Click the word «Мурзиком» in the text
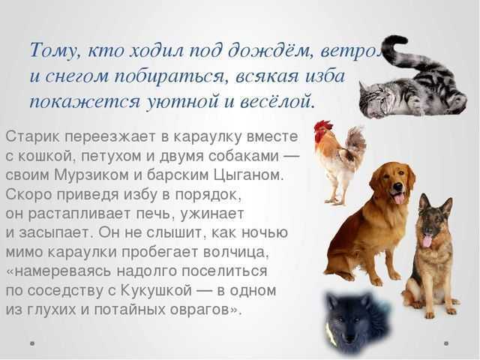pyautogui.click(x=91, y=175)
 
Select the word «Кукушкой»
pyautogui.click(x=157, y=290)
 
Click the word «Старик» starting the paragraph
pyautogui.click(x=32, y=137)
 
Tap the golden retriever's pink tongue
pyautogui.click(x=398, y=199)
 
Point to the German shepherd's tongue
pyautogui.click(x=427, y=241)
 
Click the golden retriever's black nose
pyautogui.click(x=397, y=187)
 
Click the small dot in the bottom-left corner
pyautogui.click(x=32, y=343)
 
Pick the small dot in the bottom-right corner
pyautogui.click(x=447, y=343)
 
